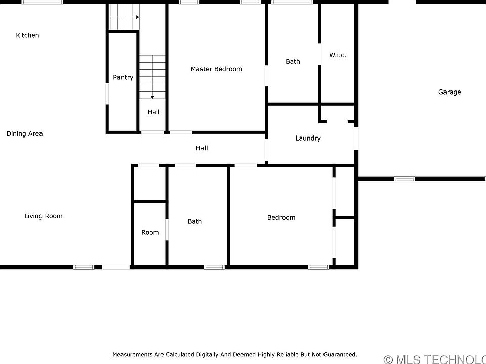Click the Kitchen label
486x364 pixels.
[x=27, y=35]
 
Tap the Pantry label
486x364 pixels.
[x=123, y=77]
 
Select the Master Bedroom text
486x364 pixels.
[x=216, y=69]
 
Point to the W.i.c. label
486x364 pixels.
[x=338, y=55]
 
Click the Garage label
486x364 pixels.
[x=450, y=92]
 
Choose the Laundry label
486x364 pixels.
[x=308, y=139]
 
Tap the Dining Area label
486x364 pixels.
[x=24, y=133]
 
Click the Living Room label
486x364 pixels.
[x=44, y=216]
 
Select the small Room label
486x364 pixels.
[x=150, y=232]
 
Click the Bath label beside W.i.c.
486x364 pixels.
[x=293, y=62]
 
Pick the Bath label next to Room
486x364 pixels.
[x=194, y=221]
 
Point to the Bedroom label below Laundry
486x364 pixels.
[x=281, y=217]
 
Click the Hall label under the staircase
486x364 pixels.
[x=153, y=112]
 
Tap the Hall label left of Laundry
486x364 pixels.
[x=201, y=148]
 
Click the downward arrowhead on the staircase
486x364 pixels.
[x=152, y=97]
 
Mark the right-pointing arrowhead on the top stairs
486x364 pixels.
[x=138, y=17]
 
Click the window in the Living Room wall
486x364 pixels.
[x=84, y=267]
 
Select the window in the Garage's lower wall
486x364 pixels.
[x=404, y=179]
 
